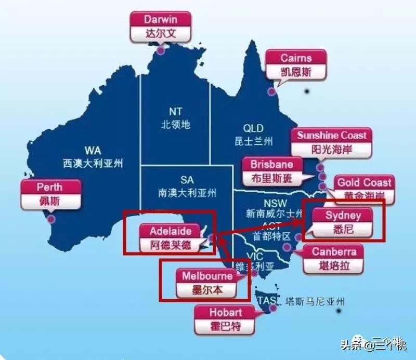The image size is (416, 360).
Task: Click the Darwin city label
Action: [161, 26]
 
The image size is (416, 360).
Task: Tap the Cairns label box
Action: [296, 65]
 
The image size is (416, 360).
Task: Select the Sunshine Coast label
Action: [332, 142]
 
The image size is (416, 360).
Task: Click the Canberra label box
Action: [334, 258]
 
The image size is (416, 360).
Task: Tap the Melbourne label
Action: [207, 283]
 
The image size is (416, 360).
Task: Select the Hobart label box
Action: [225, 319]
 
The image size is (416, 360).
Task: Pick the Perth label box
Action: [50, 193]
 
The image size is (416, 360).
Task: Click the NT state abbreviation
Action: [175, 112]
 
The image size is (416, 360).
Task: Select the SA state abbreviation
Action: [187, 180]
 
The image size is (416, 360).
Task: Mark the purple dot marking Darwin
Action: [161, 50]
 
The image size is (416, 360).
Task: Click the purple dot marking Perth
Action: [51, 219]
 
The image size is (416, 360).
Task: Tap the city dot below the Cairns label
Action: [271, 92]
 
